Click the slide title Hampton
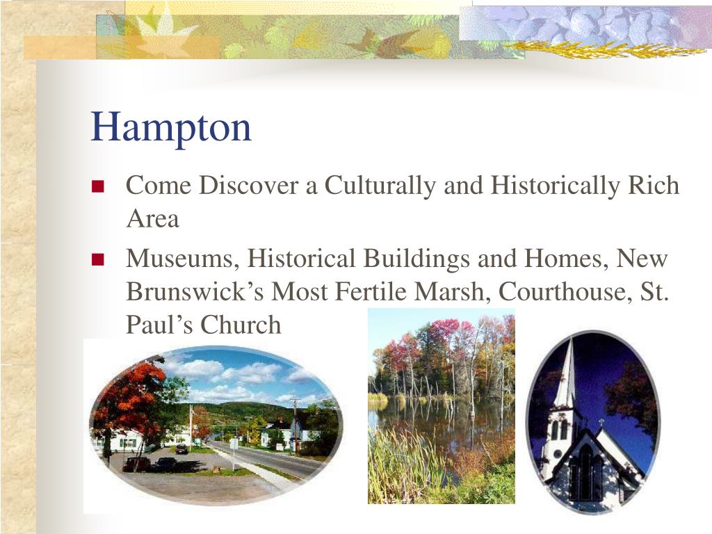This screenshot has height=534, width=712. pyautogui.click(x=171, y=127)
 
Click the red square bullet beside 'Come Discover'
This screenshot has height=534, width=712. pyautogui.click(x=97, y=186)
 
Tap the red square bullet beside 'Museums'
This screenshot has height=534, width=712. pyautogui.click(x=97, y=260)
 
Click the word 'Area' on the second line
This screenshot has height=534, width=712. pyautogui.click(x=152, y=219)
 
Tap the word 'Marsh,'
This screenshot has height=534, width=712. pyautogui.click(x=453, y=291)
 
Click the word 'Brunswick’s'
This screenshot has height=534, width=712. pyautogui.click(x=195, y=291)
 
